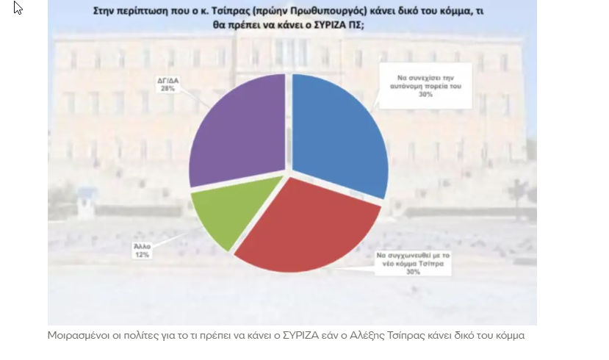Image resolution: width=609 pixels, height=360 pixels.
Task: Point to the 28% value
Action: tap(167, 87)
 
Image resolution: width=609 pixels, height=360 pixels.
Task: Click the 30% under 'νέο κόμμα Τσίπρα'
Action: tap(413, 272)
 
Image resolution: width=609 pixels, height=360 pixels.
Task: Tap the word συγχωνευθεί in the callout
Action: tap(404, 254)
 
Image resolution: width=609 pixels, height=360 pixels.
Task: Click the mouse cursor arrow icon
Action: tap(18, 8)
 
